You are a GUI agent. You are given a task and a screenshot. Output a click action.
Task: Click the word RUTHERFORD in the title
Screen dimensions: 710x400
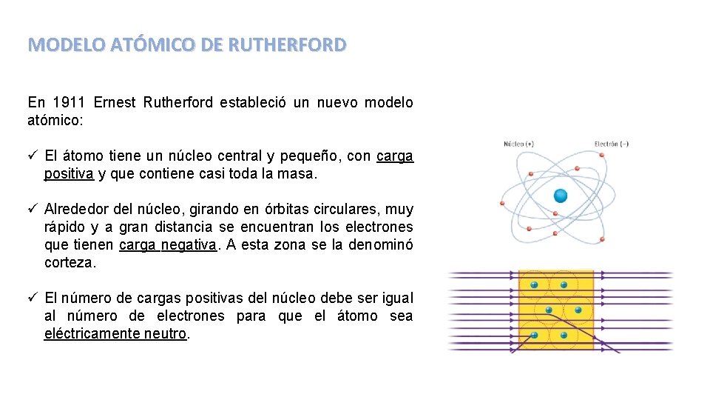[287, 45]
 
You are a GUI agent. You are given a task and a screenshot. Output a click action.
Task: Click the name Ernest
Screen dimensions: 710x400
[115, 102]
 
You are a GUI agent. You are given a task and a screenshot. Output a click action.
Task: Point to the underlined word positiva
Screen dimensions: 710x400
[69, 174]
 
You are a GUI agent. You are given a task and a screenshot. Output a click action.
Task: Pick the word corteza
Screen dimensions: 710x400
[70, 263]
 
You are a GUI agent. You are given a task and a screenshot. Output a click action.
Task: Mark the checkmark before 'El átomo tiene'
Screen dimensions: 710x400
[33, 156]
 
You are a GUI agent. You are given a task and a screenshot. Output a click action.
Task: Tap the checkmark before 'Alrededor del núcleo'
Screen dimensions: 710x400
[33, 210]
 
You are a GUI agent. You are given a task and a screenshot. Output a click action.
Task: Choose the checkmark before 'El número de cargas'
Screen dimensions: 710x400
[33, 298]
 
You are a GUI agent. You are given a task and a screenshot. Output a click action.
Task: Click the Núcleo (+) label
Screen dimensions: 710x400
[518, 144]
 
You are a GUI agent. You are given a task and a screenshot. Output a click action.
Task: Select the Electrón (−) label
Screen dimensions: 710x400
[611, 144]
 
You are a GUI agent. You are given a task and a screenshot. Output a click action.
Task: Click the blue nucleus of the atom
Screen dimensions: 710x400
[560, 196]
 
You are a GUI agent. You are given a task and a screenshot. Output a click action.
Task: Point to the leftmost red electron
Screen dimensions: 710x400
[502, 203]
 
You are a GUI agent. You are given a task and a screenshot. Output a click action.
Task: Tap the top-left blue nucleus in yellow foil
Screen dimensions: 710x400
[532, 284]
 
